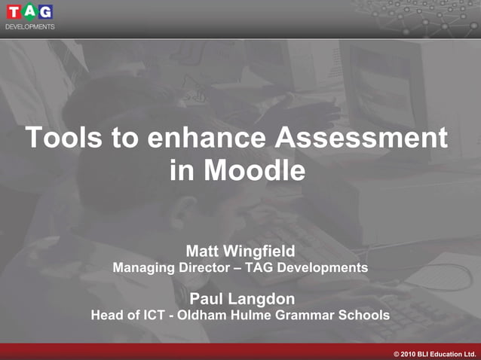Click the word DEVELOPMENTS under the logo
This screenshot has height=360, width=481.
(x=30, y=26)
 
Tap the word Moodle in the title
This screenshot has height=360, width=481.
(x=258, y=171)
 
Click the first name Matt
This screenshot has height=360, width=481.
(x=204, y=251)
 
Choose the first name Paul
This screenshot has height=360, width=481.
(x=207, y=299)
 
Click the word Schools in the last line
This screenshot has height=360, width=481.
(x=364, y=316)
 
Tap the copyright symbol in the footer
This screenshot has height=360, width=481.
(x=397, y=353)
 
